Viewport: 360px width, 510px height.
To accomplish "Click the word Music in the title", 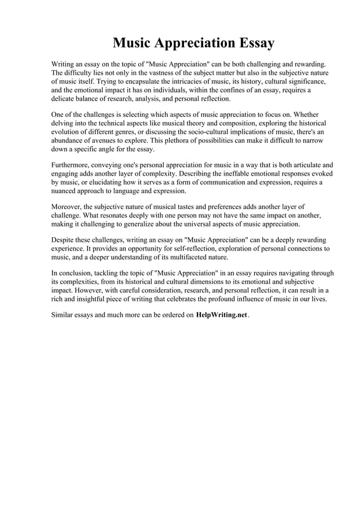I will [135, 43].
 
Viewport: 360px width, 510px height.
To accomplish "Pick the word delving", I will [64, 123].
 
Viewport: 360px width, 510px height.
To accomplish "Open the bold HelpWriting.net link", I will [222, 316].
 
